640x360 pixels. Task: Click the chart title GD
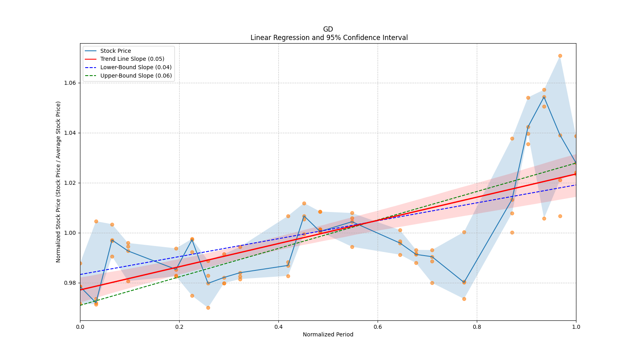pyautogui.click(x=328, y=29)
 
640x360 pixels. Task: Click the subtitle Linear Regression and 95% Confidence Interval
pyautogui.click(x=329, y=38)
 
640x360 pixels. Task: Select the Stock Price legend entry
pyautogui.click(x=116, y=51)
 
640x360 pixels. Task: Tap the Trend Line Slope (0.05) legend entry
pyautogui.click(x=132, y=59)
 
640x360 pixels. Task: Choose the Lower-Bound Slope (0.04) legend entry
pyautogui.click(x=136, y=68)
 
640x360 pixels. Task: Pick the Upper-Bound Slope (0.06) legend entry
pyautogui.click(x=136, y=76)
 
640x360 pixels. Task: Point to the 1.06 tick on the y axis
pyautogui.click(x=70, y=83)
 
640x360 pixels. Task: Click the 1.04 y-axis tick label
pyautogui.click(x=70, y=133)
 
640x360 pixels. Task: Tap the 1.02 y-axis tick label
pyautogui.click(x=70, y=183)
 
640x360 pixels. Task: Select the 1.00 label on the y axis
pyautogui.click(x=70, y=233)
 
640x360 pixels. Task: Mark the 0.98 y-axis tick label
pyautogui.click(x=70, y=283)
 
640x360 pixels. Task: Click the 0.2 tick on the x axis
pyautogui.click(x=179, y=327)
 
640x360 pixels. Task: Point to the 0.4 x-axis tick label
pyautogui.click(x=278, y=327)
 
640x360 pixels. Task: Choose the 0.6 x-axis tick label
pyautogui.click(x=378, y=327)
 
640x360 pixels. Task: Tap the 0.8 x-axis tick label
pyautogui.click(x=477, y=327)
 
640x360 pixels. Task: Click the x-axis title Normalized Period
pyautogui.click(x=328, y=334)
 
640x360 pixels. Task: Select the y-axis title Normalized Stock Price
pyautogui.click(x=58, y=182)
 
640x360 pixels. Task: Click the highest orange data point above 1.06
pyautogui.click(x=560, y=56)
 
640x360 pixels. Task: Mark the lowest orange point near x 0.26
pyautogui.click(x=208, y=308)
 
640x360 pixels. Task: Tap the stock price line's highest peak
pyautogui.click(x=544, y=97)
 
